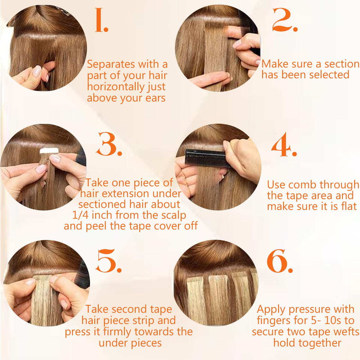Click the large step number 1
[101, 20]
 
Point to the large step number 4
[283, 145]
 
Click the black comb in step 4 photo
[205, 157]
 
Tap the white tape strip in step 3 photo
[49, 151]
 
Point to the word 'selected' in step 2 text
[329, 75]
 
